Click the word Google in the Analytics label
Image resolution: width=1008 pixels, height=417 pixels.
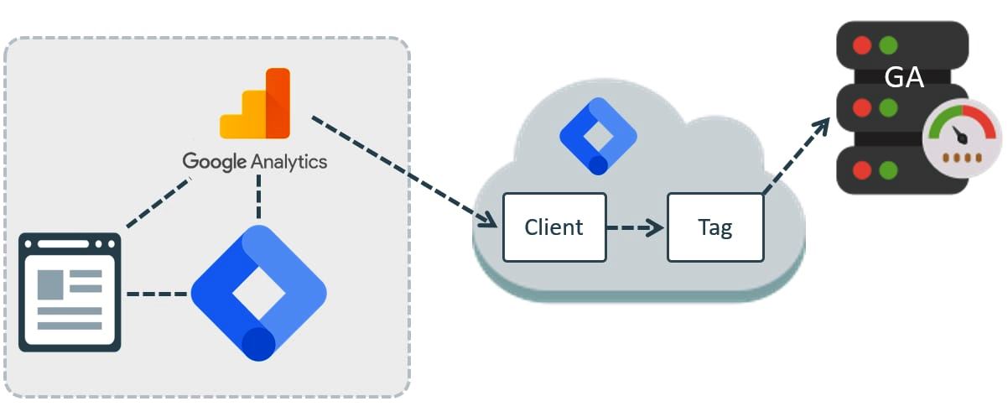point(215,160)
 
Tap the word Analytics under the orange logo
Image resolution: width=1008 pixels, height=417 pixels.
point(289,160)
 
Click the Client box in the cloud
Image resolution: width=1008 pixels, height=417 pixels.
point(553,227)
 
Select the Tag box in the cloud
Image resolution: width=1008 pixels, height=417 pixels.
point(715,227)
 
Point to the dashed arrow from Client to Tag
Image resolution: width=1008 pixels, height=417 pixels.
point(635,227)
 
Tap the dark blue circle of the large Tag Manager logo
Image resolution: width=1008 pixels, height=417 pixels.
point(258,343)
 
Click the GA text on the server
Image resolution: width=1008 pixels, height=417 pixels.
point(903,78)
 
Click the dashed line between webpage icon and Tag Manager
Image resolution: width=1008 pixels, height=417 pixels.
point(157,295)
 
